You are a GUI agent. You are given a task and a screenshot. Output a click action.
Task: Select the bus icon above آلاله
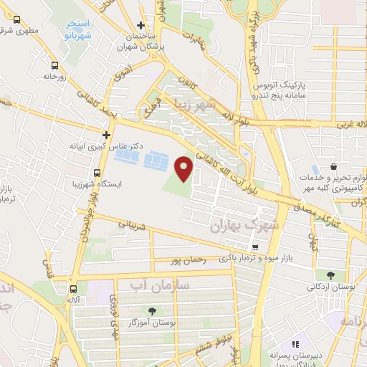pos(73,290)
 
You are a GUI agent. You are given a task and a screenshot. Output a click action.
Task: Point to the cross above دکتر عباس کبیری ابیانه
pos(107,133)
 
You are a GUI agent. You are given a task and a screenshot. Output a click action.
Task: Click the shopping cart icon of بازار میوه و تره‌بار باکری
pos(254,246)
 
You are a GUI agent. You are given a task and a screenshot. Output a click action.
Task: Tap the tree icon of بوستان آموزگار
pos(152,311)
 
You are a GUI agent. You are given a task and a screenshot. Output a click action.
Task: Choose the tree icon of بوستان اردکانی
pos(330,275)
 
